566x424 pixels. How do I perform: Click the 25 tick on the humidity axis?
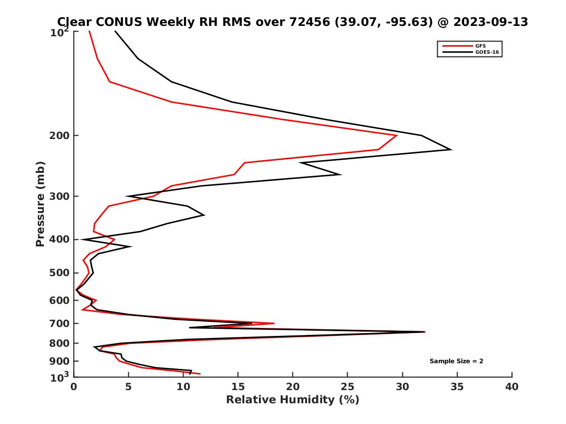click(x=348, y=387)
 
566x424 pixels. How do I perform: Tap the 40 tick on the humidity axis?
click(x=512, y=387)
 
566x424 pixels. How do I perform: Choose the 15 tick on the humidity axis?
click(x=238, y=387)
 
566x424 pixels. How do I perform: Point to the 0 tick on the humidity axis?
click(x=74, y=387)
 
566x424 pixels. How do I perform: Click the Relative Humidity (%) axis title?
click(x=292, y=400)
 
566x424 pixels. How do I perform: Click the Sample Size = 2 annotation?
click(x=456, y=361)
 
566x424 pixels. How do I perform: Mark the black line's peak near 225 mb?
click(x=451, y=150)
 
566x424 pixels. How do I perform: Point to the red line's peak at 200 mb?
click(x=397, y=135)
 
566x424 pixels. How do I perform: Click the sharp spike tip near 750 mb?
click(x=424, y=332)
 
